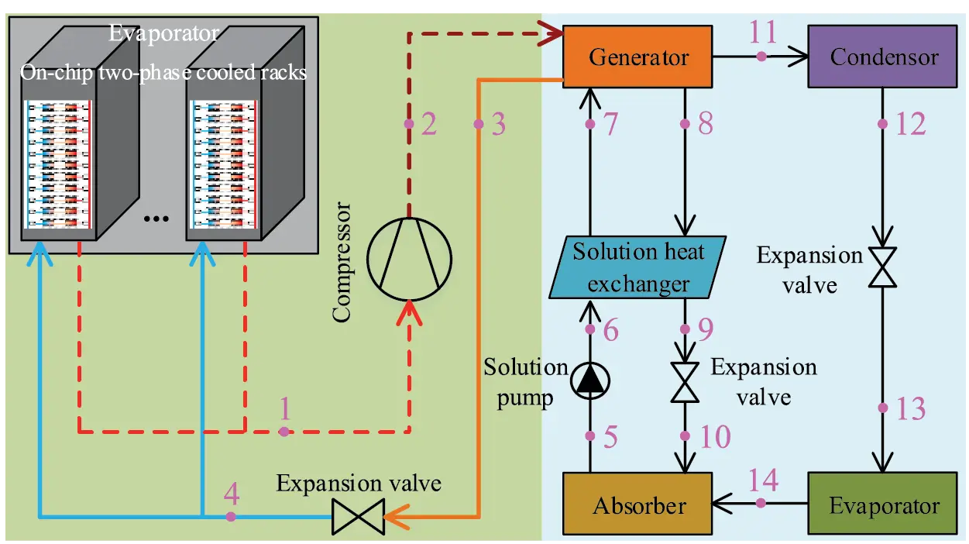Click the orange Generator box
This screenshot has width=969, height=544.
(638, 57)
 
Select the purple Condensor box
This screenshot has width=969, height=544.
(884, 57)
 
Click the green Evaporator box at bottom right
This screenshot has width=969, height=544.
(884, 506)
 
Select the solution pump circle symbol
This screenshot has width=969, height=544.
(590, 379)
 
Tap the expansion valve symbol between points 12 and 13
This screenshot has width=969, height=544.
(882, 267)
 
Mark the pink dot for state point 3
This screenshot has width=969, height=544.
(478, 124)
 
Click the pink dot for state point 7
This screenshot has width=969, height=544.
(589, 124)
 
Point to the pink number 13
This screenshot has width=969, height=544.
(910, 408)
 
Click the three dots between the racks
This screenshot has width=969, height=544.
(156, 219)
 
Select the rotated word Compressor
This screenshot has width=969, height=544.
(342, 263)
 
